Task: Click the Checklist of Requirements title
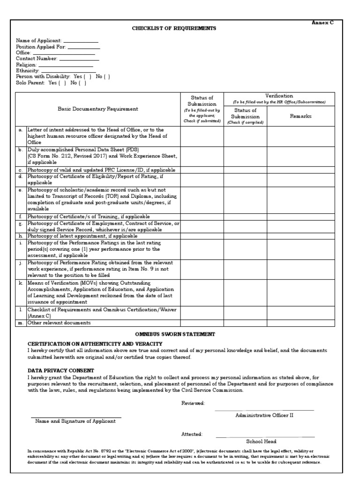pos(174,29)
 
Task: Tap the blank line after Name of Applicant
pos(81,42)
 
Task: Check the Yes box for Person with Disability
pos(88,76)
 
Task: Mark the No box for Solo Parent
pos(82,82)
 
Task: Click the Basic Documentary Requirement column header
pos(98,109)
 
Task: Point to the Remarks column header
pos(300,116)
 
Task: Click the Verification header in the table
pos(279,96)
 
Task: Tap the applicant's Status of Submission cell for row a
pos(202,136)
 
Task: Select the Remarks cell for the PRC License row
pos(300,170)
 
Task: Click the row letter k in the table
pos(21,283)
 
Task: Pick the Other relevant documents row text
pos(59,322)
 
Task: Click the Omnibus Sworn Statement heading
pos(175,334)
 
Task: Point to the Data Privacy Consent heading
pos(60,370)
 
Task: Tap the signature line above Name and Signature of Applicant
pos(76,417)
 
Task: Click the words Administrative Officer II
pos(264,415)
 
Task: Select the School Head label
pos(262,441)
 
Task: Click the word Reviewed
pos(193,403)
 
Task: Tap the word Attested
pos(192,435)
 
